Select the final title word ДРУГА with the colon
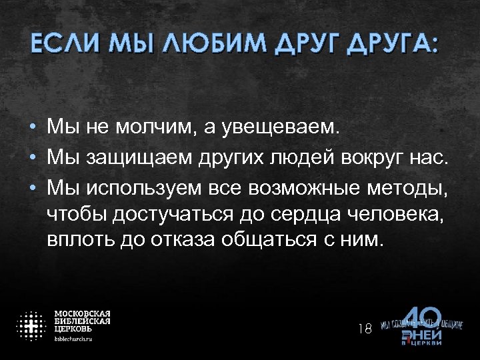click(x=393, y=45)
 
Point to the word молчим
click(x=153, y=127)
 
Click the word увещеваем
click(x=283, y=127)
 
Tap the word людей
click(x=302, y=158)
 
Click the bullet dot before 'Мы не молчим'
click(x=32, y=127)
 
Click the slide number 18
click(x=364, y=328)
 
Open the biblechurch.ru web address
click(x=73, y=339)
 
